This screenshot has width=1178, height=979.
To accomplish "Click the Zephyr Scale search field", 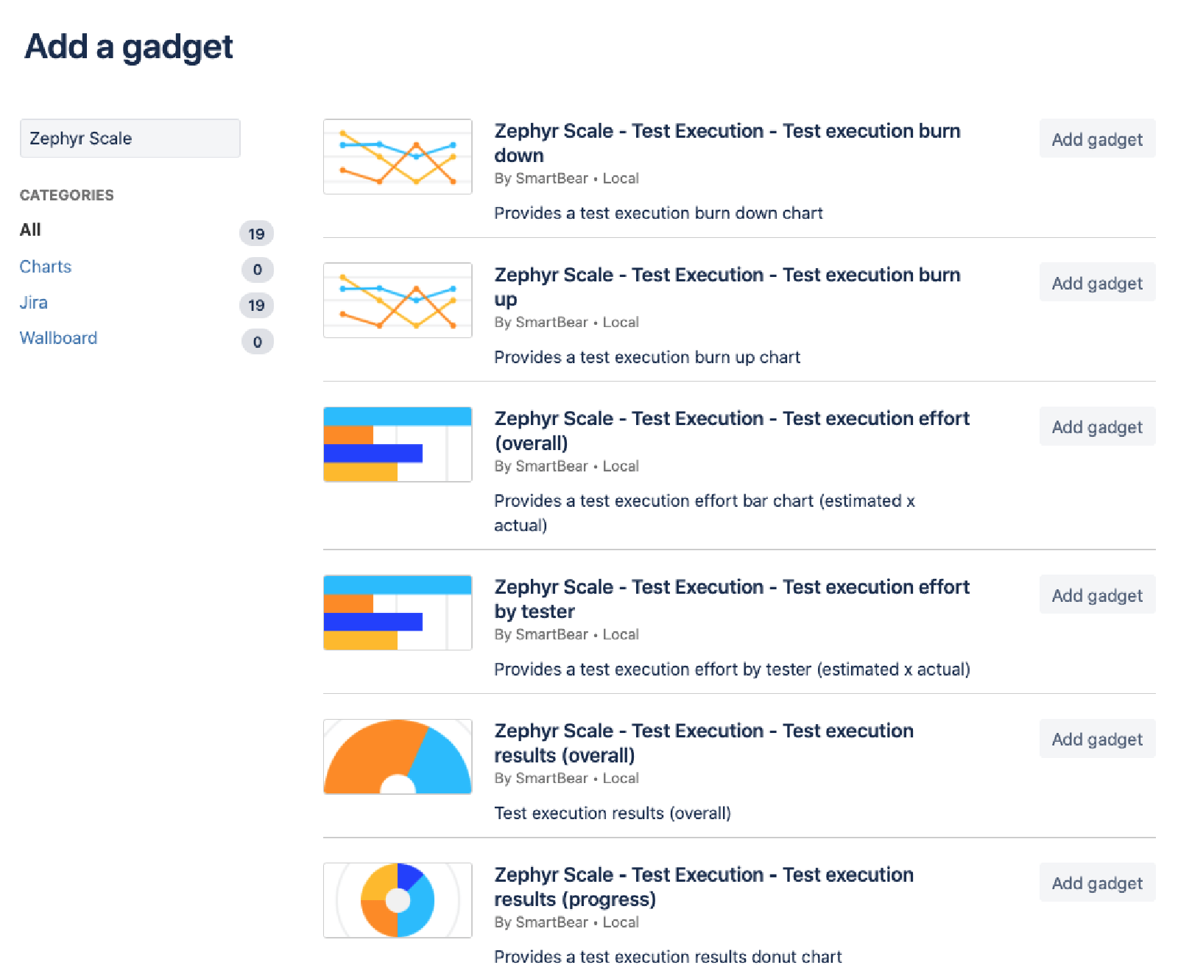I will pos(130,138).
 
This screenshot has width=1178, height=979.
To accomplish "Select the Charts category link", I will pos(46,267).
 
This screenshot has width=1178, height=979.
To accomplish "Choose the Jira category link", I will pos(34,303).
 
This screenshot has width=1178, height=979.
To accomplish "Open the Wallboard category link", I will pos(58,338).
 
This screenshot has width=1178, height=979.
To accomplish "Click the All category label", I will pos(30,230).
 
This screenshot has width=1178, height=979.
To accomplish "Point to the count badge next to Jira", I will pos(256,305).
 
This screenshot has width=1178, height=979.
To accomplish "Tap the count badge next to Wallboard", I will pos(257,342).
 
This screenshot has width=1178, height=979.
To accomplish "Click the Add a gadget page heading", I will pos(129,47).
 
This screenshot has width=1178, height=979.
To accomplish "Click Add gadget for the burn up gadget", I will pos(1097,283).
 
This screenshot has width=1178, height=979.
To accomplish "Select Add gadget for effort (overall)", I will pos(1097,427).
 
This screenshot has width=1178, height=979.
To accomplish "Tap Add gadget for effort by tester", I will pos(1097,595).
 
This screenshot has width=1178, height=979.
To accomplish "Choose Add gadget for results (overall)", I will pos(1097,739).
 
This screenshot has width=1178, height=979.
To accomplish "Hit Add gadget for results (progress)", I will pos(1097,882).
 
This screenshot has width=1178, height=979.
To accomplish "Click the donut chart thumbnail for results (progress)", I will pos(398,900).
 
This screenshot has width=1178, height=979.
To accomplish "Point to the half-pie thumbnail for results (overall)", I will pos(398,757).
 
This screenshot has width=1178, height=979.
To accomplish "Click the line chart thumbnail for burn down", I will pos(398,157).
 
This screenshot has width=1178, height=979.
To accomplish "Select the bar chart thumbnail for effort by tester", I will pos(398,612).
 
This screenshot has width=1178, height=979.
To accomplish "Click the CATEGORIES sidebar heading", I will pos(67,195).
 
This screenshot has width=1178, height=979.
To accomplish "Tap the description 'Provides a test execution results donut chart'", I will pos(668,957).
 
